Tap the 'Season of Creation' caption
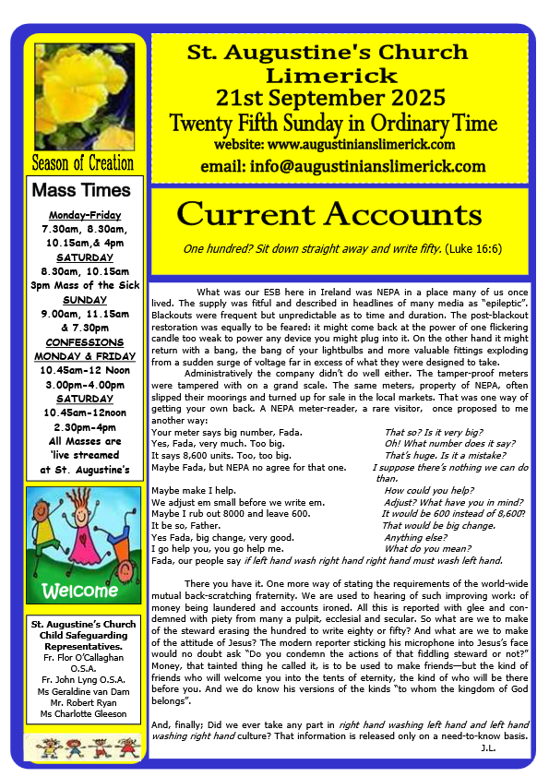(x=83, y=163)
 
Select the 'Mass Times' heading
(x=83, y=191)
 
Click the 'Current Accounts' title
(x=329, y=214)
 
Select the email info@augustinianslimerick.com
(x=342, y=167)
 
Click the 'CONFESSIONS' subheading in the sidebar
(x=84, y=343)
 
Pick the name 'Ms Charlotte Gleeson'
(x=85, y=713)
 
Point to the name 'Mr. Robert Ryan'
(x=85, y=702)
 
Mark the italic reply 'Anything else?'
(x=415, y=537)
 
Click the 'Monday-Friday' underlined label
(x=84, y=215)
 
